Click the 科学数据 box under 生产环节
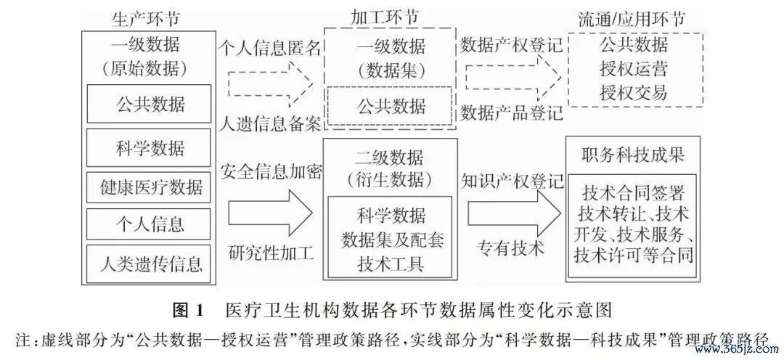(149, 147)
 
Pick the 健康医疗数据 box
(149, 187)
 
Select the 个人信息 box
(149, 224)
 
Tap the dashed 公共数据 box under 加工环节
(390, 106)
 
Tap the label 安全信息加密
(271, 171)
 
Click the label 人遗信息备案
(271, 123)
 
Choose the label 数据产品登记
(512, 112)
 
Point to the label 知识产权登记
(512, 181)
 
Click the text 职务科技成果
(632, 155)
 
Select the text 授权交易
(634, 92)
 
